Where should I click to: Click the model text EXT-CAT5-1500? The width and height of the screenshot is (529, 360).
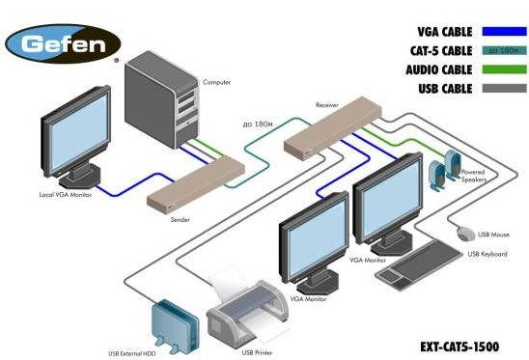click(x=459, y=345)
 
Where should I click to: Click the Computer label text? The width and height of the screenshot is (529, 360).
click(x=217, y=82)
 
